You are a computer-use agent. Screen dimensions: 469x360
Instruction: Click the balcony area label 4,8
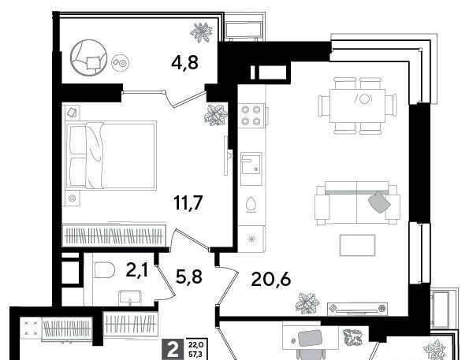(185, 62)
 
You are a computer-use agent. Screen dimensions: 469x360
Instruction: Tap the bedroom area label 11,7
(188, 202)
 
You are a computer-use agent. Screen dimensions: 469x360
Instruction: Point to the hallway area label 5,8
(188, 276)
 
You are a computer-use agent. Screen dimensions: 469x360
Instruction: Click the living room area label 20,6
(271, 280)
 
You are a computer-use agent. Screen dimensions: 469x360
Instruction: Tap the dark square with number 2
(173, 349)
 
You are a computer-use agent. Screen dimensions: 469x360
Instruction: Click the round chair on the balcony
(88, 58)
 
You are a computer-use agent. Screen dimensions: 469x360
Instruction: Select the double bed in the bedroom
(111, 155)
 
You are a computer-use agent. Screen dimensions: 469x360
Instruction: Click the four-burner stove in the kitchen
(251, 116)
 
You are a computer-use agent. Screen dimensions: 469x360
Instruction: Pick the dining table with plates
(357, 106)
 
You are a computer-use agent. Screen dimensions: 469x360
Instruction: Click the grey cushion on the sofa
(380, 202)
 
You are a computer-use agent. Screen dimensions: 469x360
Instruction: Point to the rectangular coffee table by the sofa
(357, 245)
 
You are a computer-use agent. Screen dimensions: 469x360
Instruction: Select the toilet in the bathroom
(104, 270)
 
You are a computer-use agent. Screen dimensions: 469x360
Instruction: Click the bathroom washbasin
(130, 298)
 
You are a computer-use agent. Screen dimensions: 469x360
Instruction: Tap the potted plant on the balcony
(201, 32)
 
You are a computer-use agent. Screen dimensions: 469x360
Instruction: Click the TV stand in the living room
(357, 309)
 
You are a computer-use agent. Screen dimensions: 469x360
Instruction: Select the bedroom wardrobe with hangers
(114, 236)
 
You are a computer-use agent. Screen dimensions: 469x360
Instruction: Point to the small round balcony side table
(121, 63)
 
